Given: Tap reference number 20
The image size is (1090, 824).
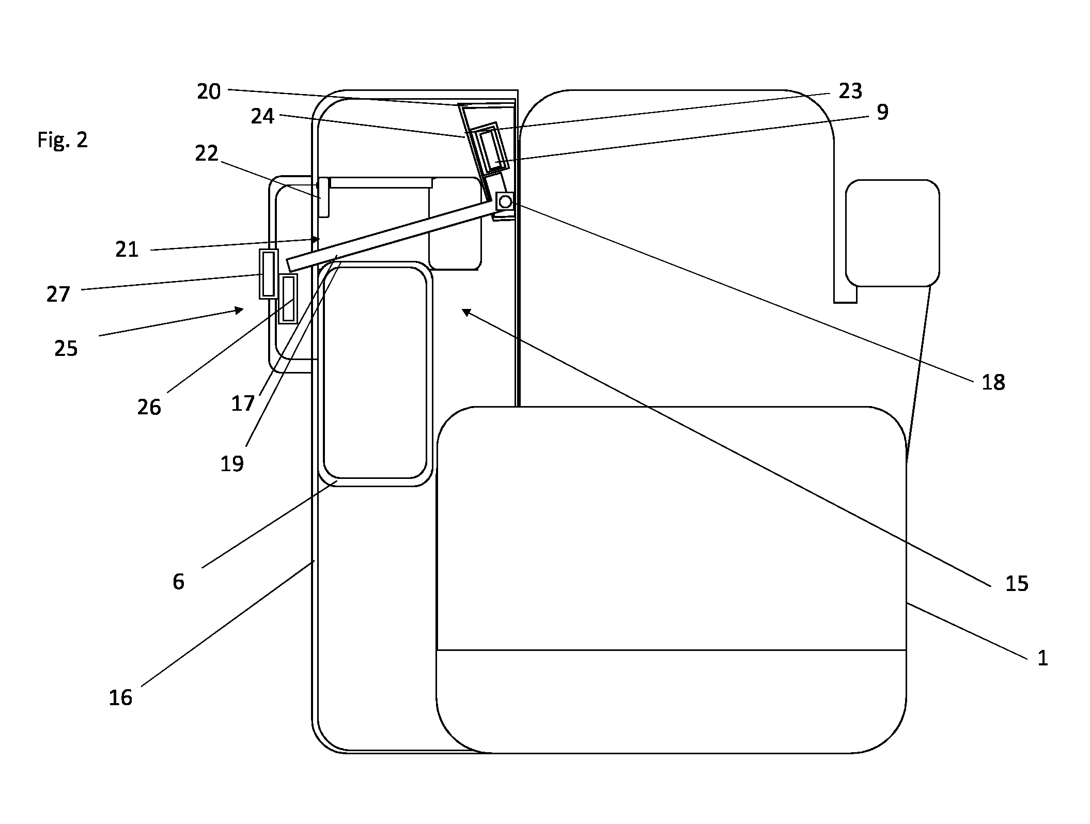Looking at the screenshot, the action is (209, 91).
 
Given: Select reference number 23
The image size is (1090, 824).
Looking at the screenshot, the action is (850, 91).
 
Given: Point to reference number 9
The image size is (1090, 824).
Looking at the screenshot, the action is (882, 112).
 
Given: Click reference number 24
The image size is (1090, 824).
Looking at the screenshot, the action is (262, 116).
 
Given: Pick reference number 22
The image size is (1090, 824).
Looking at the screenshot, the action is (207, 153).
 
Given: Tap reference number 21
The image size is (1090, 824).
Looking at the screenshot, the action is (127, 250).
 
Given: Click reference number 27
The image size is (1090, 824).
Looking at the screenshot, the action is (58, 294).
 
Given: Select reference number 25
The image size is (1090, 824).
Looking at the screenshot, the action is (66, 349).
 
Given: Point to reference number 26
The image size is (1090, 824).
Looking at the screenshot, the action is (149, 408).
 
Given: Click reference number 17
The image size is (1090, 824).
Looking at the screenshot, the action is (243, 403).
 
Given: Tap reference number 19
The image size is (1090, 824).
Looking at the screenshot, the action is (232, 464).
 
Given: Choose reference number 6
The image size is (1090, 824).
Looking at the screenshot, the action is (178, 582).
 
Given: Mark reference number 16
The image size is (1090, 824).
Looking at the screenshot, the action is (120, 698).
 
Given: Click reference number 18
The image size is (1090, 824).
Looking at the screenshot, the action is (993, 383).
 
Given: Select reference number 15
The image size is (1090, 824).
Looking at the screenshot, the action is (1017, 584).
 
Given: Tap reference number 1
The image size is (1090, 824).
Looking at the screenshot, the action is (1042, 658).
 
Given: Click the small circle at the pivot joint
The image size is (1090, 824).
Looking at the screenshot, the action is (505, 201).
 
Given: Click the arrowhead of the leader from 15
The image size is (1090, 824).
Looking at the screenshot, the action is (466, 312).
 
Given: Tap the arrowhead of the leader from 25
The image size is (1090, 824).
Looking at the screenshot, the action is (239, 310).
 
